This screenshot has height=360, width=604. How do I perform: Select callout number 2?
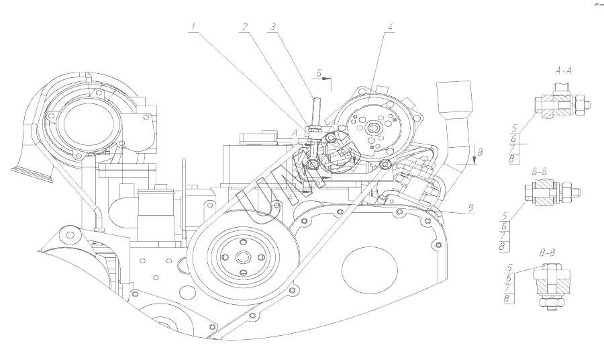pos(246,28)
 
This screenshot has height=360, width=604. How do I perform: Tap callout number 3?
pos(272,28)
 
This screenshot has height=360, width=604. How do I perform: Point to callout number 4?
pos(390,28)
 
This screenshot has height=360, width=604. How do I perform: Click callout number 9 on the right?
pos(472,208)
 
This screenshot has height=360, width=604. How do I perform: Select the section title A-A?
pos(564,71)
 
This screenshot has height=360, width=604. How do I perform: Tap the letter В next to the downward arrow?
pos(478,153)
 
